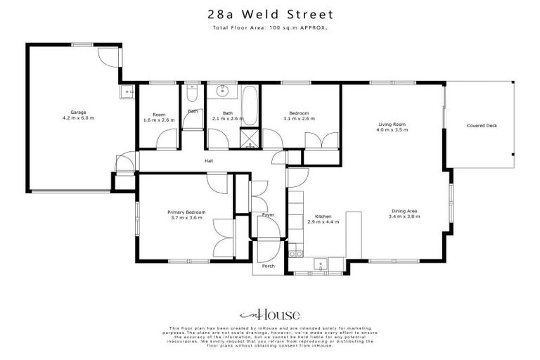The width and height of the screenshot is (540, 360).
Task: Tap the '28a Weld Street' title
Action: pos(270,14)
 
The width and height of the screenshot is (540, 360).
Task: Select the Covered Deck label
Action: pos(482,126)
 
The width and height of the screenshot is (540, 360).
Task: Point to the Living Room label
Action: pos(391,124)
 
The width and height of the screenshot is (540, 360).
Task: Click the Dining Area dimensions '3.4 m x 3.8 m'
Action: pos(404,217)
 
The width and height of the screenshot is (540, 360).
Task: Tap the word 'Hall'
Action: pos(209,161)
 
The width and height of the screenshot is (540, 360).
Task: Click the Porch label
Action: pos(268,266)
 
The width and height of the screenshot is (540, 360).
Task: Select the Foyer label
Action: pos(268,214)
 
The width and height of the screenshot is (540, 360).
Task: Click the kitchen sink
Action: pos(321,265)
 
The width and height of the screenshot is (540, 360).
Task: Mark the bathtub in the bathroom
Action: pos(250,105)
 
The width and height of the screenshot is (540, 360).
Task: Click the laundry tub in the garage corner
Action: pos(129,92)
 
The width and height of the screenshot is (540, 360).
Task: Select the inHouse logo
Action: pos(270,315)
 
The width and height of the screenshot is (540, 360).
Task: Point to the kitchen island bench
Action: pos(353,233)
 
